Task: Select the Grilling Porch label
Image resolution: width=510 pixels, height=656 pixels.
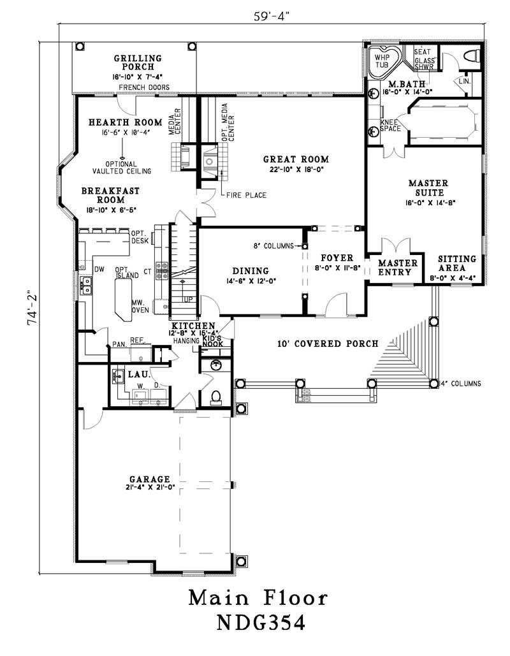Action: (x=138, y=62)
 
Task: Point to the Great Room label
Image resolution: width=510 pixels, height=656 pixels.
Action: (x=297, y=159)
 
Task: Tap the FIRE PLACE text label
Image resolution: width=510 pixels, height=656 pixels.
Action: (x=245, y=195)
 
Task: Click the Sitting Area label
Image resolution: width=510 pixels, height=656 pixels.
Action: (x=456, y=264)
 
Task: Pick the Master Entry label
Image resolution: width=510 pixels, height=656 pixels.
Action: (x=398, y=268)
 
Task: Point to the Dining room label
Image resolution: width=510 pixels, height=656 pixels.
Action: (x=250, y=270)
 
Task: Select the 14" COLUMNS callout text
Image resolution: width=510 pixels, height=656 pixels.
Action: (x=460, y=384)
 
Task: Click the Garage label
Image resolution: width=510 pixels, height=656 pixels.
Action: (x=150, y=479)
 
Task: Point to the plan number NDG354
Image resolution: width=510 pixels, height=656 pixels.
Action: (x=259, y=622)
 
